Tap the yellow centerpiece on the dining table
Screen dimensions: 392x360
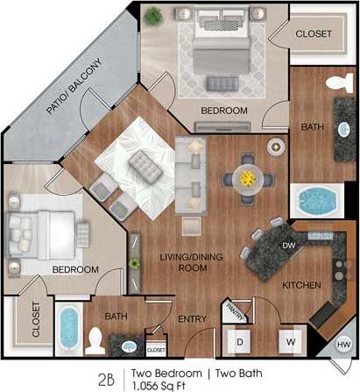click(x=247, y=177)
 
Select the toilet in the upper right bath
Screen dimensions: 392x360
click(x=336, y=85)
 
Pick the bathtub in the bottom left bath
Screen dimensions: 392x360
click(x=68, y=329)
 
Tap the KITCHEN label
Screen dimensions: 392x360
click(x=301, y=286)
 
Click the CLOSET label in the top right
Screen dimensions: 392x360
click(x=314, y=33)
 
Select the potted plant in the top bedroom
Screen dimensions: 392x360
click(x=153, y=15)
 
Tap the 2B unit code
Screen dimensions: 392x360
click(x=107, y=378)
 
